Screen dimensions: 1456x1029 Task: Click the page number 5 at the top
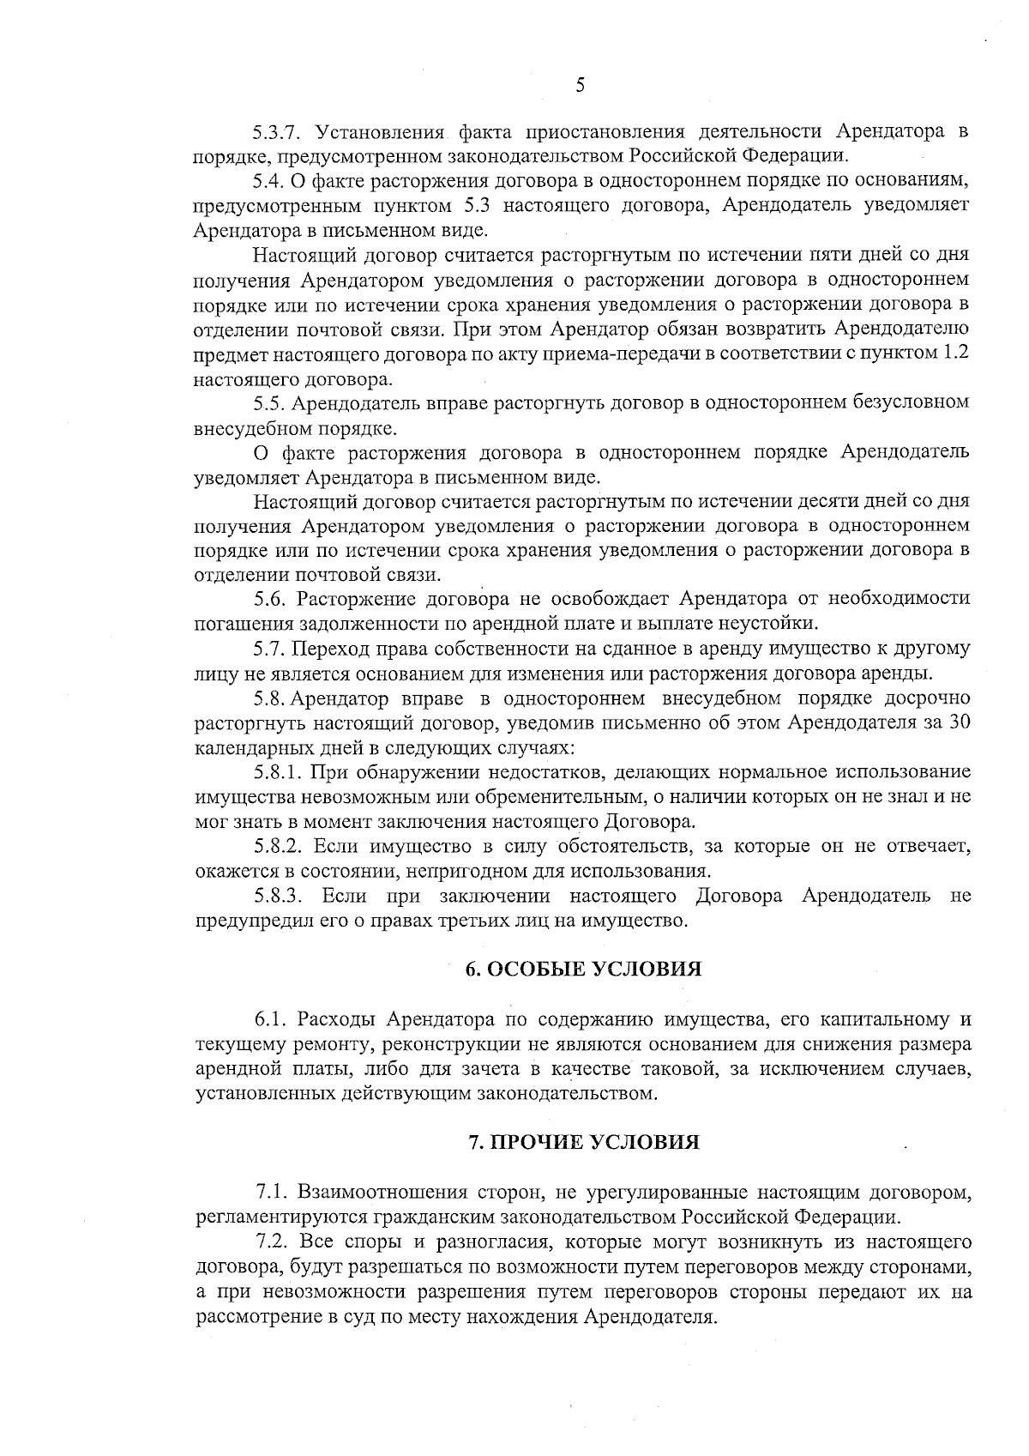(x=581, y=84)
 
